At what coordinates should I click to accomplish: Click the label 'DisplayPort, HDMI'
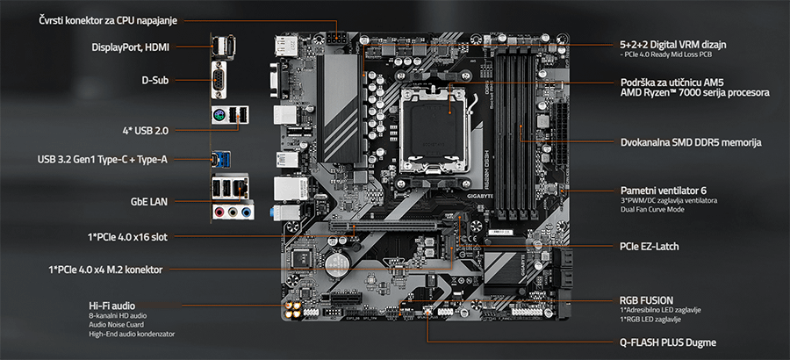click(130, 47)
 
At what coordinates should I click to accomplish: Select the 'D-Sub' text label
click(154, 81)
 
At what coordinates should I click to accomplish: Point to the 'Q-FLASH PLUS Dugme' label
click(667, 342)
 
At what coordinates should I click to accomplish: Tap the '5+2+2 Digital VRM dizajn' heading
click(673, 44)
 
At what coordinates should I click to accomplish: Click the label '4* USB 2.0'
click(146, 130)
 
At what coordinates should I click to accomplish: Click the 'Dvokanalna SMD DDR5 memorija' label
click(690, 141)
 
